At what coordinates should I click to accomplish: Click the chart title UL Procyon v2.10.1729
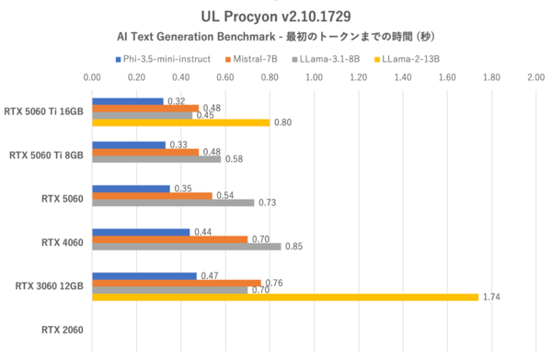click(x=277, y=16)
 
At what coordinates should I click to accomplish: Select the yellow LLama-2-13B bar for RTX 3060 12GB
click(x=285, y=297)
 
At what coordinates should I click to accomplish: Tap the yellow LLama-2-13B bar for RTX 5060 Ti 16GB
click(x=181, y=122)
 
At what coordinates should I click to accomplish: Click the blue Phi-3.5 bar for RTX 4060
click(x=141, y=232)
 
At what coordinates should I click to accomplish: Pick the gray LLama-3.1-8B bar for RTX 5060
click(x=173, y=203)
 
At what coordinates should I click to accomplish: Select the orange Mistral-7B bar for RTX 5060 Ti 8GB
click(x=145, y=152)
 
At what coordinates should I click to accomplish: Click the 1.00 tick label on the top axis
click(x=315, y=79)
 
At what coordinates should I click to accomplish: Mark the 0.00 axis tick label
click(x=93, y=79)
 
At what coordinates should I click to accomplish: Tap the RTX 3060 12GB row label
click(x=50, y=285)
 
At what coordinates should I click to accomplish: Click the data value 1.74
click(x=491, y=297)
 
